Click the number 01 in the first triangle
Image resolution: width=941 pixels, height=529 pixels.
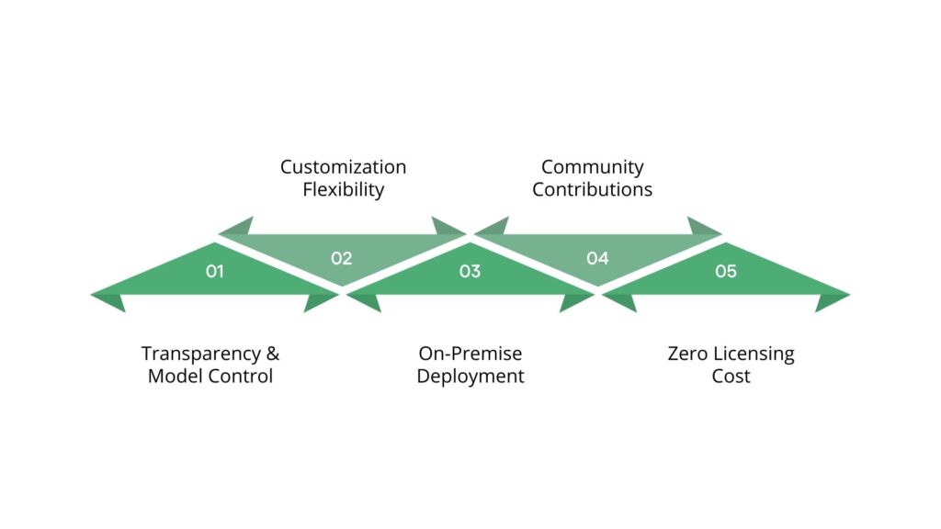214,272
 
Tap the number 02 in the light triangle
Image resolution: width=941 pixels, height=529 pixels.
342,258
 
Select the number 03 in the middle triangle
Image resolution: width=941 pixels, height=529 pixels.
470,272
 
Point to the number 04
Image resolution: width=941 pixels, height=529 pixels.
597,258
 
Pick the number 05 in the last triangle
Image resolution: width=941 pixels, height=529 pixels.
726,272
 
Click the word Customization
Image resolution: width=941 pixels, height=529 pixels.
343,167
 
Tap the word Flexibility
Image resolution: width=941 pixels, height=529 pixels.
343,190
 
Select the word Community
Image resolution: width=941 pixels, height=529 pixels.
592,167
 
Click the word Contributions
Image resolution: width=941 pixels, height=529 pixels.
592,190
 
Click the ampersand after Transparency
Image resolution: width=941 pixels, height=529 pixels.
272,354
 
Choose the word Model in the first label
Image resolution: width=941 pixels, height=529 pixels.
174,377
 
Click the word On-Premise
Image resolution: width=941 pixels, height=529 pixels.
470,354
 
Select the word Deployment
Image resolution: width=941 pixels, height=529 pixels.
470,377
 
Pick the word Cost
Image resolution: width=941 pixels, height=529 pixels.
731,377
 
